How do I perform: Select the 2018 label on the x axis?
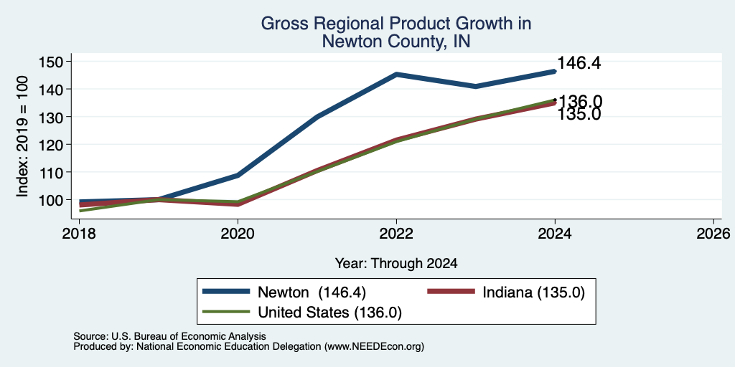[79, 233]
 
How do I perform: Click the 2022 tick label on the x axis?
[396, 233]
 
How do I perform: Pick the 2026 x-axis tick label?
[713, 233]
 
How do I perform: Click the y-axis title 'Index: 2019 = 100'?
[22, 136]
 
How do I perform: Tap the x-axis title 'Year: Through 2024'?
[396, 264]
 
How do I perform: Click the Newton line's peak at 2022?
[396, 74]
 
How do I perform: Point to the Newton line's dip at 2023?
[476, 86]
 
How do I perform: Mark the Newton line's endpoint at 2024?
[555, 71]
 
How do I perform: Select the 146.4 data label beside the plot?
[579, 63]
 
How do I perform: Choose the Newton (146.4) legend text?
[312, 292]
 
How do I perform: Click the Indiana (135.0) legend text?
[533, 292]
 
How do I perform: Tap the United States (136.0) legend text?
[330, 313]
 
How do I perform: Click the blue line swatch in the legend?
[226, 292]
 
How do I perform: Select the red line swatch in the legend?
[451, 292]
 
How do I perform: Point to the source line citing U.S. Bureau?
[169, 336]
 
